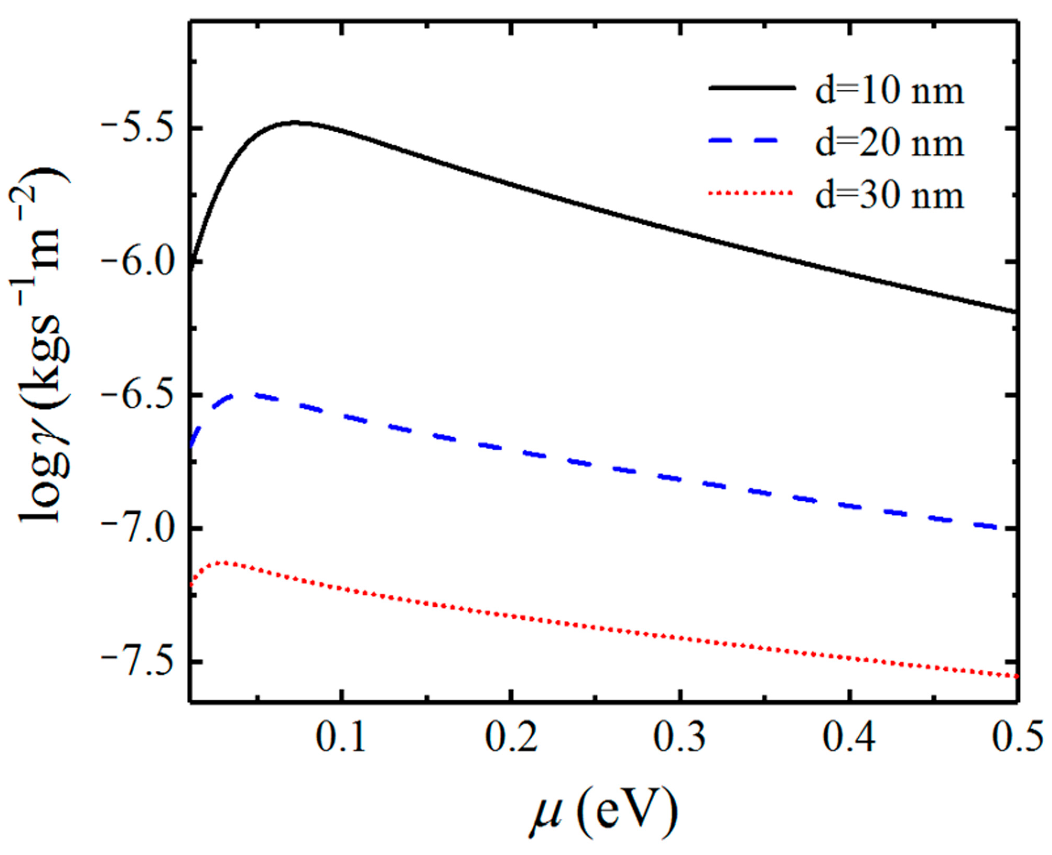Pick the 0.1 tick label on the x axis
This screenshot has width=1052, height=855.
pos(341,737)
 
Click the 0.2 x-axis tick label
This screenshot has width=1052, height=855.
pos(510,737)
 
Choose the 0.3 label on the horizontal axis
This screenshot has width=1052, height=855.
pos(679,737)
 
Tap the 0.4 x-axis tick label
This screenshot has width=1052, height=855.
pos(848,737)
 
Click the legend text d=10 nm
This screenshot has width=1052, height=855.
pos(889,91)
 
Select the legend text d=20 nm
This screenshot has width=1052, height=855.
pos(889,143)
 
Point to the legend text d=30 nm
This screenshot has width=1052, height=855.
pos(889,195)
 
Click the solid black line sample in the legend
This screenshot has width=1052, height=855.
pos(751,88)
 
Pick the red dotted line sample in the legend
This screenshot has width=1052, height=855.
pos(751,193)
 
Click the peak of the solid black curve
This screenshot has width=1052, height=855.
pos(294,122)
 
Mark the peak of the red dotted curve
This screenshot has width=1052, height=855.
pos(224,563)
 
